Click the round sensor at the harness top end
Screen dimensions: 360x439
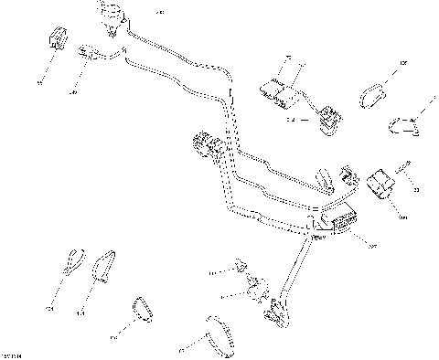point(112,17)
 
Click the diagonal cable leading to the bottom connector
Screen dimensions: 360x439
point(294,270)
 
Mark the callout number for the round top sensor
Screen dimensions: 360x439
point(160,12)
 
